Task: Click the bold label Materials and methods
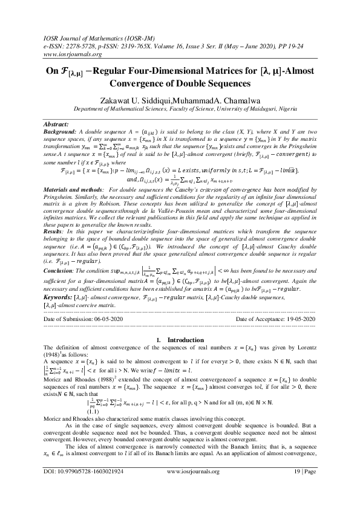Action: point(73,209)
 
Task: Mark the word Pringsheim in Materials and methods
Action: point(64,216)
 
